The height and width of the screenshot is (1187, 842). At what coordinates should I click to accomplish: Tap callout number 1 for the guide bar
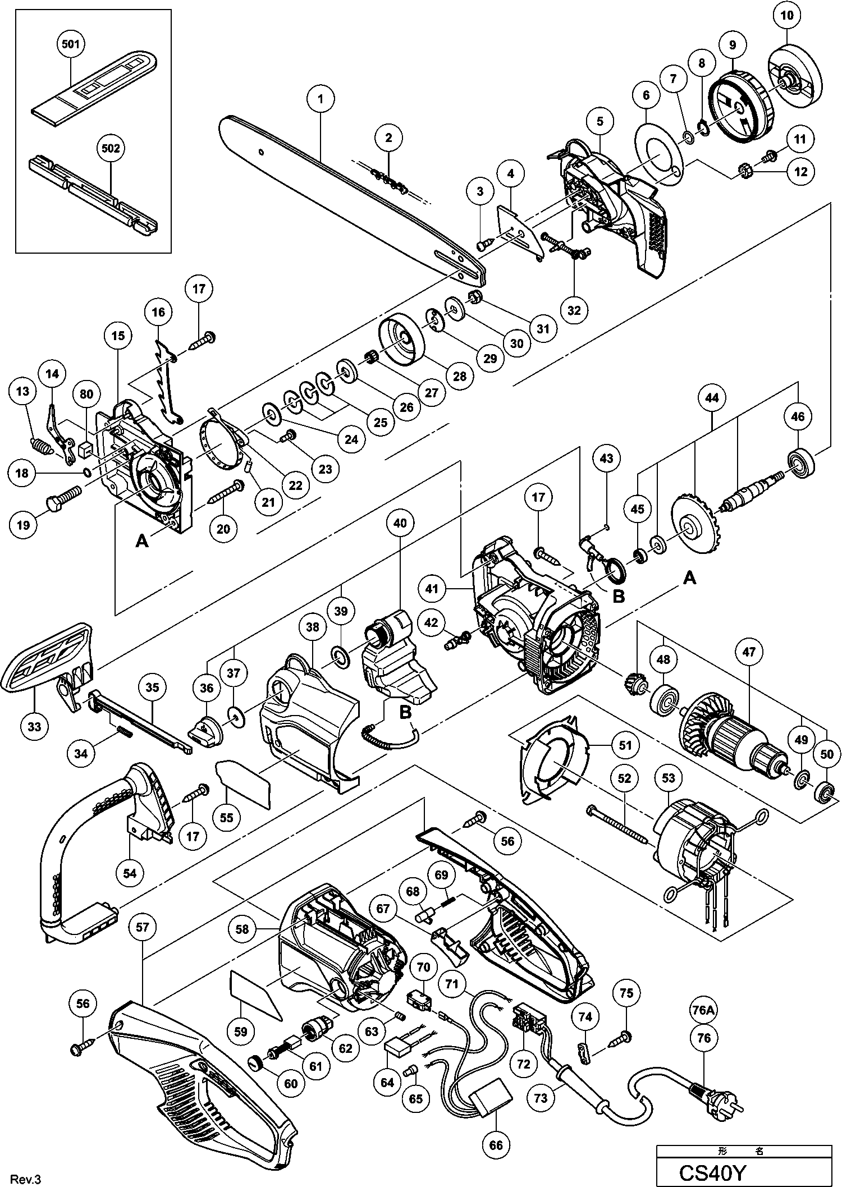point(321,99)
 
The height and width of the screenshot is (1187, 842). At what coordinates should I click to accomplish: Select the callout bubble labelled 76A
point(703,1010)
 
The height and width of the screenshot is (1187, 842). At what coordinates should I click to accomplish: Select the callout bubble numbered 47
point(749,652)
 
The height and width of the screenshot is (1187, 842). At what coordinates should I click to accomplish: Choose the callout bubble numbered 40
point(400,523)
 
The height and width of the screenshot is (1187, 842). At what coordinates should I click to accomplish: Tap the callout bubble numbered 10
point(787,16)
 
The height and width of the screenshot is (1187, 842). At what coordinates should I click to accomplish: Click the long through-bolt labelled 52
point(617,823)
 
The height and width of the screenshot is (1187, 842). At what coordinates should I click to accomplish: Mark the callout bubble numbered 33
point(34,727)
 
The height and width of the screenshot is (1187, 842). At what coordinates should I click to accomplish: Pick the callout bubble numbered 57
point(142,927)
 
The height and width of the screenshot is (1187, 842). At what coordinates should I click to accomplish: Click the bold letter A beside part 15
point(143,540)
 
